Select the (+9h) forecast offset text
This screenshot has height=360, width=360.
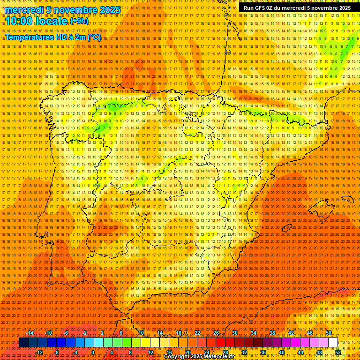click(78, 21)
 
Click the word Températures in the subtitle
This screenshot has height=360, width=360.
click(28, 37)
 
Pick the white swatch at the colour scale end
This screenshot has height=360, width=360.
click(333, 343)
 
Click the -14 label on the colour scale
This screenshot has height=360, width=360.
click(30, 333)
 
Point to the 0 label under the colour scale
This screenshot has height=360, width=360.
click(93, 352)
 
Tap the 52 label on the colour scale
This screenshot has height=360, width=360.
click(337, 352)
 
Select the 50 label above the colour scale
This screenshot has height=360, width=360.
click(329, 333)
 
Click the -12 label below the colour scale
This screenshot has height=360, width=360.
click(39, 352)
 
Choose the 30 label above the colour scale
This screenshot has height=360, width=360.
click(234, 333)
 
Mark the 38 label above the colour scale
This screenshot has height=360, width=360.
click(272, 333)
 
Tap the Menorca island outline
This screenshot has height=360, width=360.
click(347, 199)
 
